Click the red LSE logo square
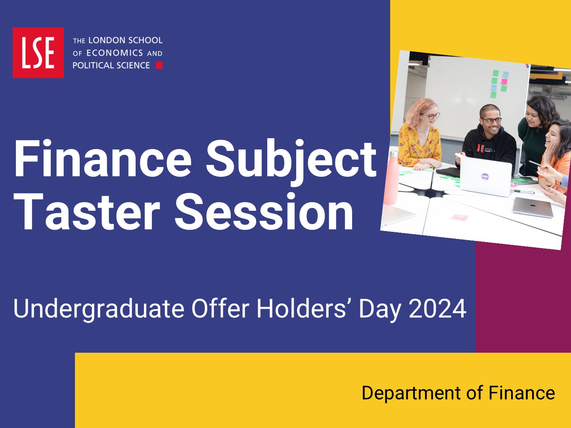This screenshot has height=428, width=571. pos(38,52)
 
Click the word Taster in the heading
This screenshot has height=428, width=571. pos(86,212)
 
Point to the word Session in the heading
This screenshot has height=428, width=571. pos(264,212)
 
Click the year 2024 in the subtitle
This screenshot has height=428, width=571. pos(437,309)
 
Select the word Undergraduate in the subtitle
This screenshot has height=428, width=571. pos(99,310)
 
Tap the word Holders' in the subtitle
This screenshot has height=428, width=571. pos(305,308)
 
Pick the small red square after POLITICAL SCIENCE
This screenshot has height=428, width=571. pos(159,65)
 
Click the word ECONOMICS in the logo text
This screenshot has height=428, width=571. pos(115,53)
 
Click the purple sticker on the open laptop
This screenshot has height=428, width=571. pos(485,176)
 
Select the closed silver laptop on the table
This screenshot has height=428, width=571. pos(533,207)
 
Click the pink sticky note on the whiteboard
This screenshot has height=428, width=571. pos(504,81)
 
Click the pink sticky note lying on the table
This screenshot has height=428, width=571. pos(460,217)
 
